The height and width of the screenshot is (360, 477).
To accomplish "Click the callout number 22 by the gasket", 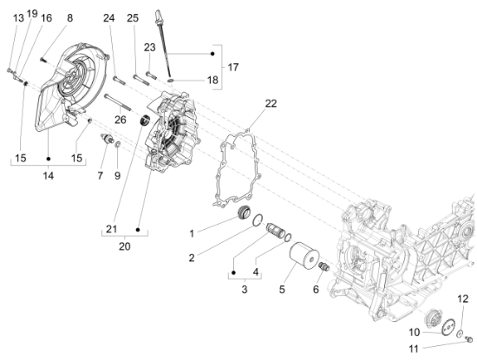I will pyautogui.click(x=247, y=103).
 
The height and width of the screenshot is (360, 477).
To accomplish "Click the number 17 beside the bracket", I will pyautogui.click(x=232, y=68).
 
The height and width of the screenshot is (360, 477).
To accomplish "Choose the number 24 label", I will pyautogui.click(x=108, y=18).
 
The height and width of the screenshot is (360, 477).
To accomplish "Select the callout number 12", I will pyautogui.click(x=463, y=298).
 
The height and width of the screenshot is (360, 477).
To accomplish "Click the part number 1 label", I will pyautogui.click(x=192, y=233).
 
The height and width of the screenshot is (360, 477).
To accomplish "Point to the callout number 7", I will pyautogui.click(x=100, y=176).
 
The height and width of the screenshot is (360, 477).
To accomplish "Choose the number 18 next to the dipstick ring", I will pyautogui.click(x=213, y=80).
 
